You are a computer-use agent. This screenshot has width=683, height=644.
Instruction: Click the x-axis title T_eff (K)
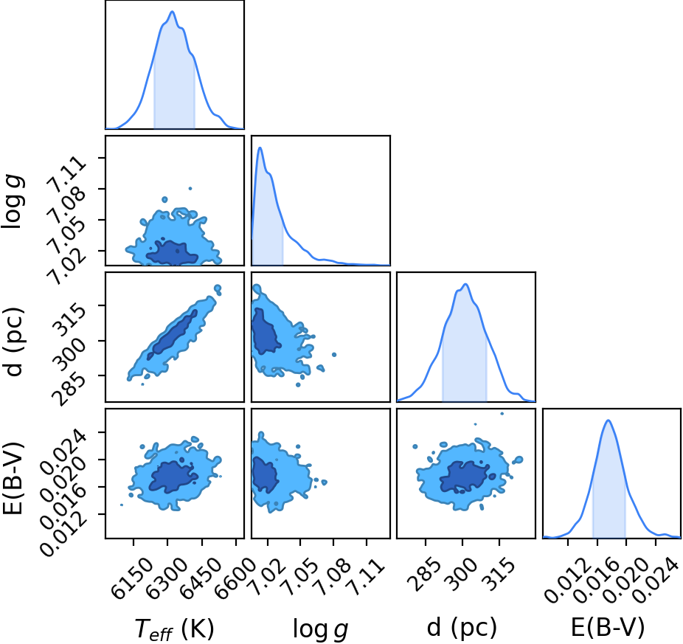175,629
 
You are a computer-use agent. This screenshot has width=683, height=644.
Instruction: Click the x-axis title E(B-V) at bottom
608,628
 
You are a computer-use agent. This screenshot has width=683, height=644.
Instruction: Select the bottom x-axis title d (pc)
462,628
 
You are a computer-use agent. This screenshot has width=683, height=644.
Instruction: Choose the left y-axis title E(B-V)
13,478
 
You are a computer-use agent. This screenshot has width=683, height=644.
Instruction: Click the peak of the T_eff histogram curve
172,11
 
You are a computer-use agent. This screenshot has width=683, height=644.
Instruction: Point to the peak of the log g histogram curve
260,148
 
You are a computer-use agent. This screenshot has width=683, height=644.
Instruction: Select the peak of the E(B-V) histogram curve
608,420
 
